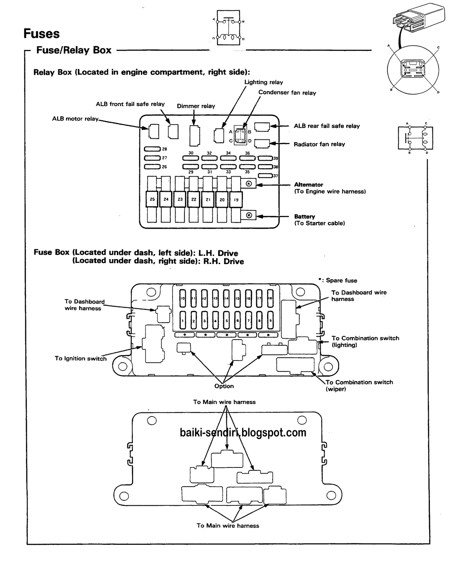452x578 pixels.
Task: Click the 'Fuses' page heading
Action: point(41,34)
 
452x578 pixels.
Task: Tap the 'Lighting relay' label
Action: point(263,82)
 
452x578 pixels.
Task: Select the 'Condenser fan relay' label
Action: point(287,93)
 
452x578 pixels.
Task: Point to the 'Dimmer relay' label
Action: point(196,106)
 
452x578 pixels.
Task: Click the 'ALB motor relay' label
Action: point(75,119)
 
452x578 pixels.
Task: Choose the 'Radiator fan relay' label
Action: point(319,144)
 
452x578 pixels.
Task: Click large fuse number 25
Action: point(152,199)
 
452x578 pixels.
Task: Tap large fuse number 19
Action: point(236,199)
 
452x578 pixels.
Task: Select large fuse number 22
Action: point(194,199)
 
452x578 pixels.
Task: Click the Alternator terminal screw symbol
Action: point(249,184)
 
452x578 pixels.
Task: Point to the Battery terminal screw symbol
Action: point(249,216)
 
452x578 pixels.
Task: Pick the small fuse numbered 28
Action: point(152,149)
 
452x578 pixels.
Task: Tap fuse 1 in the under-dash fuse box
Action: point(183,319)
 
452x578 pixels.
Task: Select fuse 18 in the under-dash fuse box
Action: point(270,298)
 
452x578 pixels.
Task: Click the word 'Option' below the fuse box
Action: point(224,386)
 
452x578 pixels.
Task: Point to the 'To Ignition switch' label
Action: point(81,359)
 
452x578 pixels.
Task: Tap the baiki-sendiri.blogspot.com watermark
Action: point(243,432)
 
